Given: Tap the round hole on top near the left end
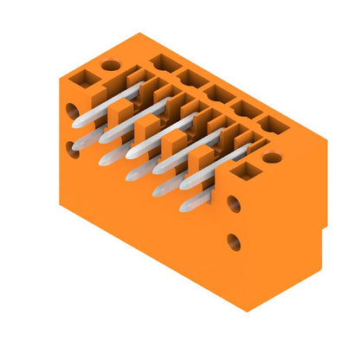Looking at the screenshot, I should coord(111,65).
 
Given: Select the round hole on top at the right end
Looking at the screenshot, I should coord(272,157).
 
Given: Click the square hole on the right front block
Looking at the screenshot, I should coord(244,171).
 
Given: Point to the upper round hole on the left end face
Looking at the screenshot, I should coord(71,111).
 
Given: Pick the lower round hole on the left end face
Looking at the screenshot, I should coord(72,148).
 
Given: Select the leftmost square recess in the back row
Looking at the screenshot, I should coord(161,62).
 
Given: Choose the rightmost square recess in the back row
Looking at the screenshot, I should coord(275,125).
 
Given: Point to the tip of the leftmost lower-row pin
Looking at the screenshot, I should coord(107,160).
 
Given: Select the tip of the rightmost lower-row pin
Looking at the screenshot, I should coord(185,206).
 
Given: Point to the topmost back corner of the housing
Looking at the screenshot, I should coord(138,35).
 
